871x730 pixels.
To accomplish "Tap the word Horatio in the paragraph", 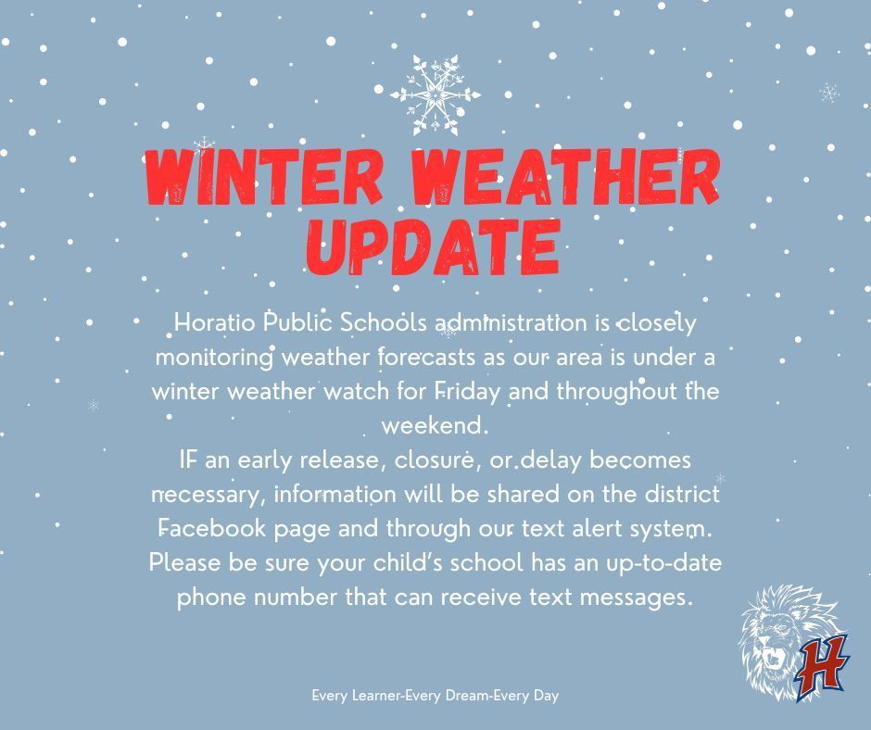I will tap(215, 323).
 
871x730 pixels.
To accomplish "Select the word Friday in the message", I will tap(467, 391).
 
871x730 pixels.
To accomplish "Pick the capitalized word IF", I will tap(191, 459).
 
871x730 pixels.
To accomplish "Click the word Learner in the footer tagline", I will tap(376, 694).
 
